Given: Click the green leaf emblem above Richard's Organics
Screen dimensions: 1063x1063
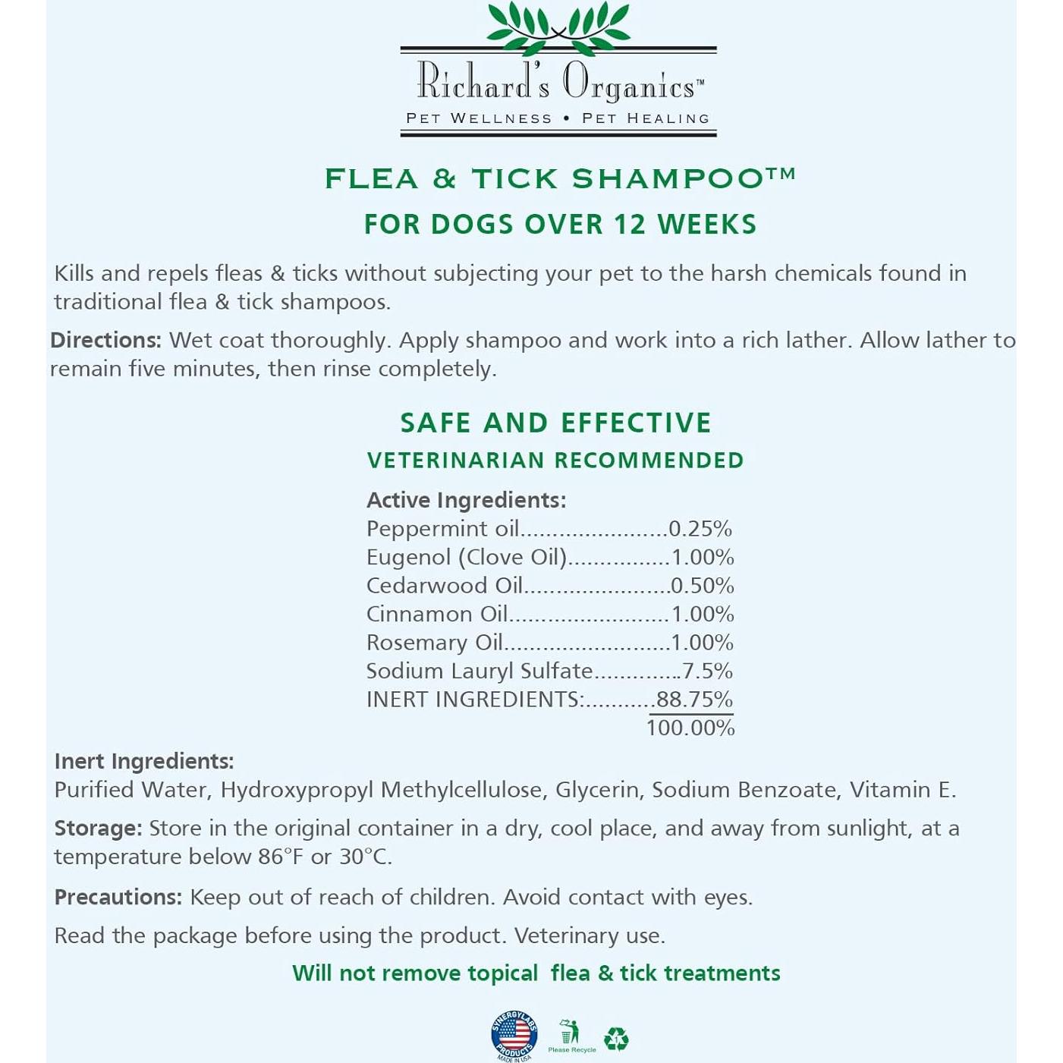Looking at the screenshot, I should click(x=558, y=23).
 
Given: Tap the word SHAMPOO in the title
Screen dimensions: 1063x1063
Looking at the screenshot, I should click(x=668, y=179).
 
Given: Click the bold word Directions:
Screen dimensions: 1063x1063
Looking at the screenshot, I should click(x=105, y=340).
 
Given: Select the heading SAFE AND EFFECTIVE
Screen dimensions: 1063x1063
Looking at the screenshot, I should click(x=555, y=423).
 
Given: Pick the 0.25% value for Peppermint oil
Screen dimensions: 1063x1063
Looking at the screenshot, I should click(x=700, y=529).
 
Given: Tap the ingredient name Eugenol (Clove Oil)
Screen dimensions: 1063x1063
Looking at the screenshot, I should click(x=466, y=558).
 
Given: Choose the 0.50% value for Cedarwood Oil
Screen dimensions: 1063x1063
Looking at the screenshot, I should click(x=703, y=586).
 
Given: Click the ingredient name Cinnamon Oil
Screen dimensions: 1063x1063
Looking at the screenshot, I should click(x=436, y=614).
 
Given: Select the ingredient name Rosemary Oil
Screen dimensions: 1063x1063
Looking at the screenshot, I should click(x=434, y=643).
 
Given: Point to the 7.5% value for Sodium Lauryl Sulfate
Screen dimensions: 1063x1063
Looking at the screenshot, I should click(x=707, y=671).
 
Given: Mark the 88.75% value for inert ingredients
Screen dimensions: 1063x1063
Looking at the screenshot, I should click(x=694, y=700).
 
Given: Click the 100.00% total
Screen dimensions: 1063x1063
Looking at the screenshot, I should click(x=690, y=728).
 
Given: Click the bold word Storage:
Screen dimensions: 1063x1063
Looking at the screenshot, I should click(x=98, y=828).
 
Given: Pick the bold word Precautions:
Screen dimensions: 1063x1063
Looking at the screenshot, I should click(x=118, y=897).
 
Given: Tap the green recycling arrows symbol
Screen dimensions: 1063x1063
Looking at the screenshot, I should click(x=616, y=1039).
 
